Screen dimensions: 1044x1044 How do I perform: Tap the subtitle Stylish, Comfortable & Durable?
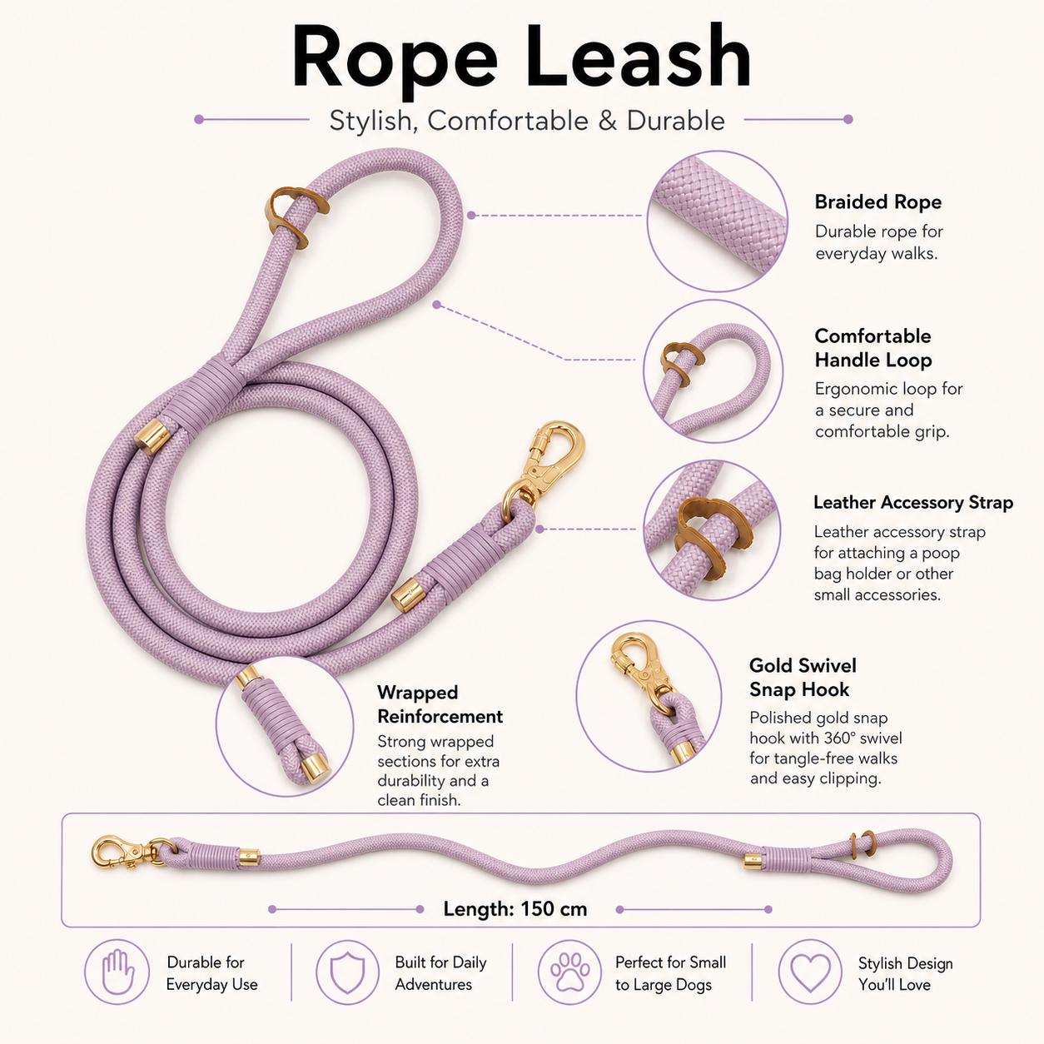[527, 120]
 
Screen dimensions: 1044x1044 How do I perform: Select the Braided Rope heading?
[877, 202]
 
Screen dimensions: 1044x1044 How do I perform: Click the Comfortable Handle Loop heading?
[872, 348]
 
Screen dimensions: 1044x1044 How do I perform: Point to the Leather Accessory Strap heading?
[913, 502]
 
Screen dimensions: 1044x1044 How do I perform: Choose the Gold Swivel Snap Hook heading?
[803, 677]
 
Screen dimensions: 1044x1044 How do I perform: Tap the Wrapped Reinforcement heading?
[440, 704]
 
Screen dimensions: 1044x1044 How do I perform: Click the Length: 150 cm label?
[515, 908]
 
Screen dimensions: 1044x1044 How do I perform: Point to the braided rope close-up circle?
[718, 221]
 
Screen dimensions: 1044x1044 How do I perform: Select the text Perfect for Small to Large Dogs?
[670, 973]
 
